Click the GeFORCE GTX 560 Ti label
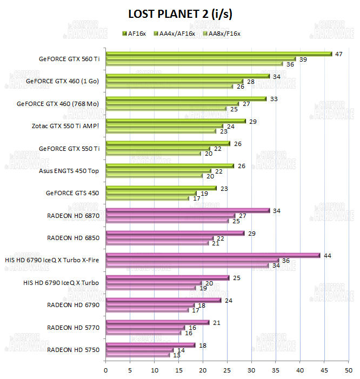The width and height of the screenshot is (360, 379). [x=69, y=59]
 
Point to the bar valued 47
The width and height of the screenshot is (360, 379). [x=218, y=54]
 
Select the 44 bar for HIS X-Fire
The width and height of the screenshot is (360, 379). [x=213, y=255]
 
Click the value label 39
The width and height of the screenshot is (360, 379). [x=303, y=59]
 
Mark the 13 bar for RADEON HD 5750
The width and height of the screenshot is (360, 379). [x=138, y=355]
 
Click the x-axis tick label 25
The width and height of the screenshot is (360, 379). [x=227, y=370]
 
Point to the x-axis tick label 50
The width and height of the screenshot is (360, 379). [x=349, y=370]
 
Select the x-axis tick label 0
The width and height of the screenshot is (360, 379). [x=105, y=370]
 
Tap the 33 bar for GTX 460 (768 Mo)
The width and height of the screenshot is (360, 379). [x=186, y=98]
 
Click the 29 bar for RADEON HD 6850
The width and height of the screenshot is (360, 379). [x=175, y=233]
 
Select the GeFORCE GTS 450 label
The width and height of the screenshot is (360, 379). [x=72, y=193]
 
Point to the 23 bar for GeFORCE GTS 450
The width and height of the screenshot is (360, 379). [x=161, y=188]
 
